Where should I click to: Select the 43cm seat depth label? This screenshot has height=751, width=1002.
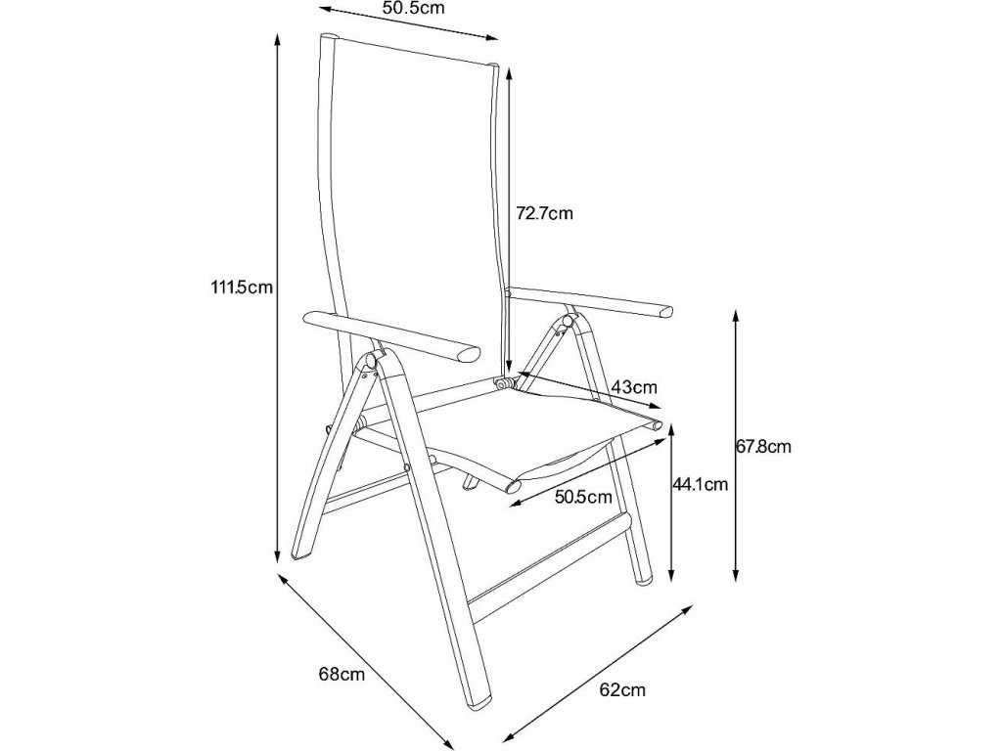[x=633, y=388]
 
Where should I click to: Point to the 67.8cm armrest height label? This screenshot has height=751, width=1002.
[x=762, y=447]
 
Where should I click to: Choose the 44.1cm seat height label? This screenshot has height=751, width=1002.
[x=700, y=483]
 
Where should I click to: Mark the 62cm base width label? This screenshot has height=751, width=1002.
[x=622, y=690]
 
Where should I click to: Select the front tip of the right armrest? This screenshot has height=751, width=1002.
[x=666, y=312]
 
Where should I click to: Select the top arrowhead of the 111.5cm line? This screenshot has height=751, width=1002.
[x=278, y=39]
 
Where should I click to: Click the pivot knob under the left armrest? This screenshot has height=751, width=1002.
[x=375, y=360]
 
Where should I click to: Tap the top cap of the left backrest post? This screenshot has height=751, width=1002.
[x=329, y=39]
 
